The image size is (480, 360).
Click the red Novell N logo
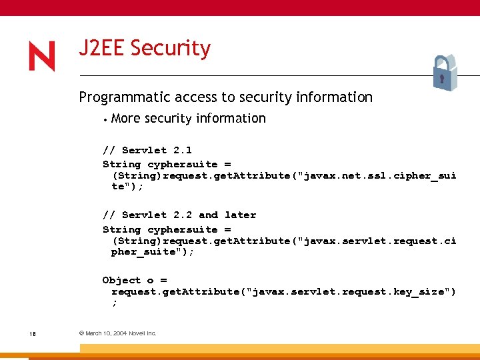tap(42, 56)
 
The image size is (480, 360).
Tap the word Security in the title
tap(171, 49)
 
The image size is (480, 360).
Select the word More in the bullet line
tap(126, 119)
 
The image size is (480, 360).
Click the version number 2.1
tap(182, 150)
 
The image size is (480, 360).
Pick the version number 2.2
tap(182, 215)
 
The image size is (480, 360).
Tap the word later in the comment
tap(240, 215)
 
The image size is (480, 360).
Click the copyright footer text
tap(117, 333)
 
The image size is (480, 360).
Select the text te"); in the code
tap(127, 187)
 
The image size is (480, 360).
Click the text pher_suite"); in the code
tap(153, 251)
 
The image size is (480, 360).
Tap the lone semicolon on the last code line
tap(114, 303)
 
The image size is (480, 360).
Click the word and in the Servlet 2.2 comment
tap(208, 215)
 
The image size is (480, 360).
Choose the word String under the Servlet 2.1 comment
tap(121, 164)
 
